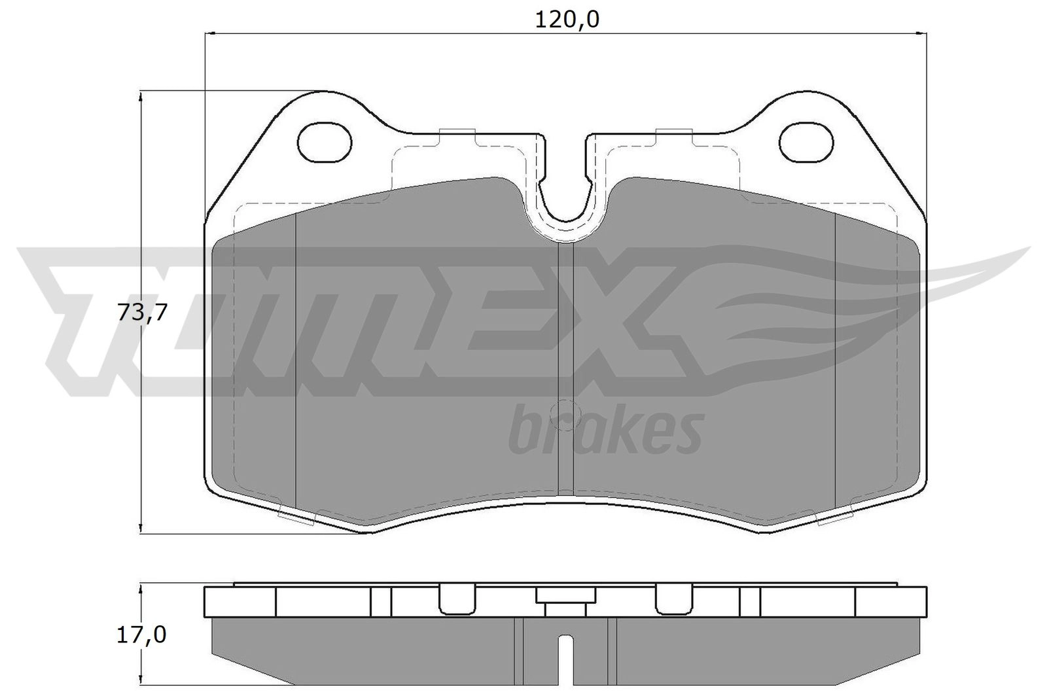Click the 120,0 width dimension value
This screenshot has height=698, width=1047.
[567, 20]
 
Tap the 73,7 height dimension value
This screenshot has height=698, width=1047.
[142, 312]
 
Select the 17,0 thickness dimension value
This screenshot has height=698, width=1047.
[141, 635]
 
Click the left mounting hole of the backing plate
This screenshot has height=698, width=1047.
[325, 143]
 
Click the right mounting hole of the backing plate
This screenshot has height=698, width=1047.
[806, 143]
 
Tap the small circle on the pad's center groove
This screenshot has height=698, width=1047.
[565, 414]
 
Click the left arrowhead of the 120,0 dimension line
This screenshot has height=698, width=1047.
[209, 33]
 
